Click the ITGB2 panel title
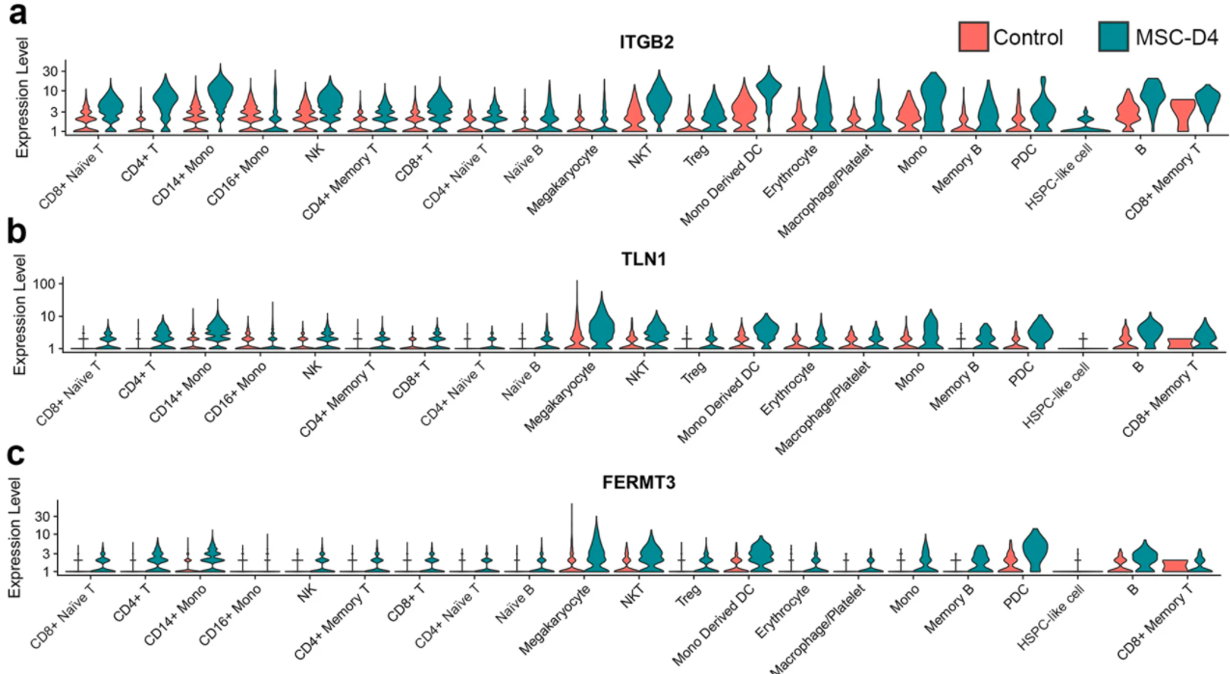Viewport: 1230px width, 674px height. tap(645, 42)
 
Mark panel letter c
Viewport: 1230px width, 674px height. tap(15, 455)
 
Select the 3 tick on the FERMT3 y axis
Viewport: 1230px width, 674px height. tap(56, 553)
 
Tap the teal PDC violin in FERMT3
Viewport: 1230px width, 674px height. tap(1035, 551)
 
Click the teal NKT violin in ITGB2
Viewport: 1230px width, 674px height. tap(660, 96)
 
